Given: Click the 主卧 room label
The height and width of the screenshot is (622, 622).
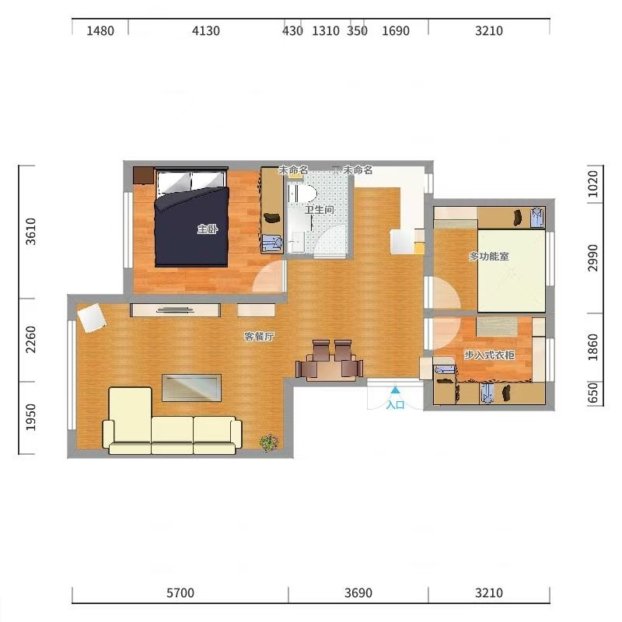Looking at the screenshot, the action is tap(208, 229).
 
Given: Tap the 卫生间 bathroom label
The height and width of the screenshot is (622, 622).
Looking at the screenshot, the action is tap(320, 209).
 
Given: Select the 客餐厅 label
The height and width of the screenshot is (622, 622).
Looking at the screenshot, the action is tap(259, 337).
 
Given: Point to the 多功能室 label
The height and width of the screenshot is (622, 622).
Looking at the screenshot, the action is tap(489, 257).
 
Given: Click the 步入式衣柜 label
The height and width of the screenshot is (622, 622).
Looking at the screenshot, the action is tap(490, 355).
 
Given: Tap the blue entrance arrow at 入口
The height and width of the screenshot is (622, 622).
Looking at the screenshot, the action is tap(395, 390).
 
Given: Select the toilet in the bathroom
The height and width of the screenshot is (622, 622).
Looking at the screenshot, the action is tap(302, 194).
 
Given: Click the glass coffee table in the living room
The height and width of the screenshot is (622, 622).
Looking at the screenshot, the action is tap(191, 387).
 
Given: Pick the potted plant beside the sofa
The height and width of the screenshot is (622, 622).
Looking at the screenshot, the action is tap(269, 442).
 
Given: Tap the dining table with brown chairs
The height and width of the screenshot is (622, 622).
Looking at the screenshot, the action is tap(329, 366).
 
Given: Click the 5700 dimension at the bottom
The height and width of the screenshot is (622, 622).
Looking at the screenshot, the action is tap(180, 593).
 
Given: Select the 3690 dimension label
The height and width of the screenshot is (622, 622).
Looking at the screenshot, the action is tap(358, 593).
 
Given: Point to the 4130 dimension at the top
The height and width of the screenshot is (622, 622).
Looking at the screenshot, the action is tap(205, 30).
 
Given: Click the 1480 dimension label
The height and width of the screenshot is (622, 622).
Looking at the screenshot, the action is tap(100, 30).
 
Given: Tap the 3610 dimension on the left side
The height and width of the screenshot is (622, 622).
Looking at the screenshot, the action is tap(30, 232).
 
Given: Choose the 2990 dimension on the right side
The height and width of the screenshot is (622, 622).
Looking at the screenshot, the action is tap(592, 258).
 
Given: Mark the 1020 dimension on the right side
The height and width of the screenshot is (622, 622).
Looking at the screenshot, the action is tap(592, 183).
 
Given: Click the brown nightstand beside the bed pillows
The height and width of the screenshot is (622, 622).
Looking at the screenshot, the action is tap(144, 176).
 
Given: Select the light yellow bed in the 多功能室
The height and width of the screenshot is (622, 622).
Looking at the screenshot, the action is tap(512, 271).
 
